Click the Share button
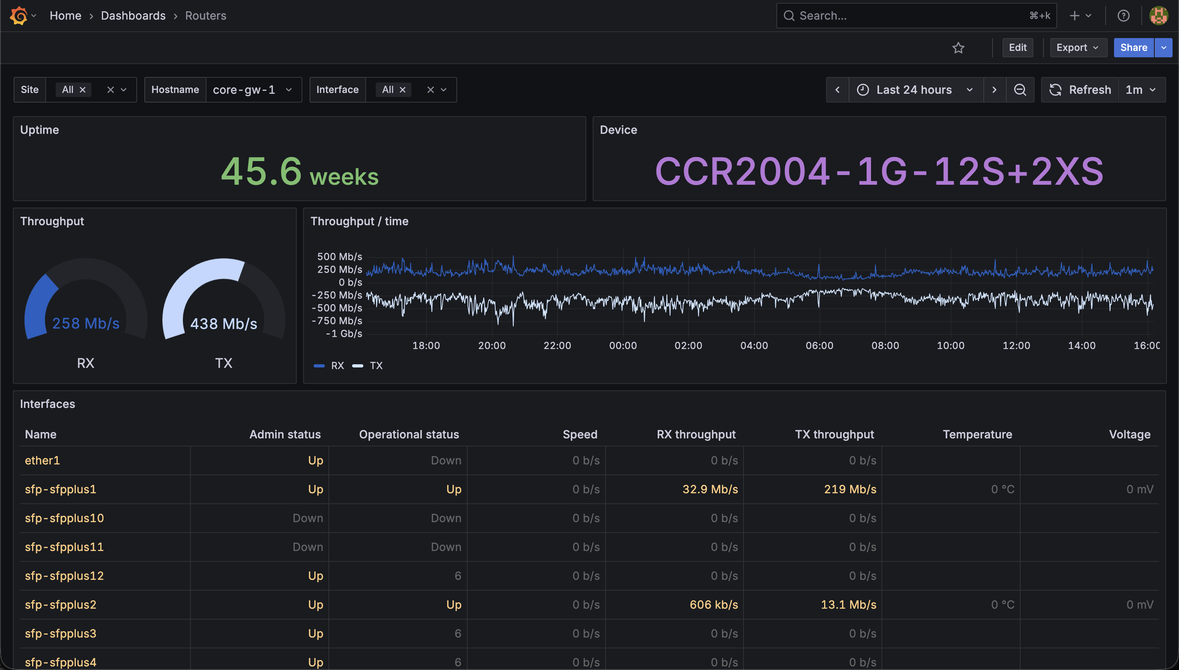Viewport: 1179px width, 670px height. point(1133,47)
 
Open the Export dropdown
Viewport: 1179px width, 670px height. point(1078,47)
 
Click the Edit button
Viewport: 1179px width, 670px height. point(1017,47)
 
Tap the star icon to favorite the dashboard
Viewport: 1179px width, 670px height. point(958,48)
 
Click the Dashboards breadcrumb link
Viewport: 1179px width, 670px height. point(133,16)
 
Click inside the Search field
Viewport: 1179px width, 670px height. point(916,16)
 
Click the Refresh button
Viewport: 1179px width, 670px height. point(1080,90)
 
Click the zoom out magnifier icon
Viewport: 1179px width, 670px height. point(1020,90)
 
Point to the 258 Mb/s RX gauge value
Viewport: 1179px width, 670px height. point(86,323)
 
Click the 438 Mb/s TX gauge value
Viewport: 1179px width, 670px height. point(224,323)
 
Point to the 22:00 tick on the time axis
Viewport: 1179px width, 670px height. point(557,345)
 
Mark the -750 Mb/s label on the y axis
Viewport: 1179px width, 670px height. point(337,320)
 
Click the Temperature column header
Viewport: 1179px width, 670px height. point(977,434)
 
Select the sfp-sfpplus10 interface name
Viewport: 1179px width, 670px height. point(65,518)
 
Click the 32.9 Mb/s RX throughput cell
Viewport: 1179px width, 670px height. point(710,489)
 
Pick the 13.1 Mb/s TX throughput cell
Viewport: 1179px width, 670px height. point(849,604)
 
